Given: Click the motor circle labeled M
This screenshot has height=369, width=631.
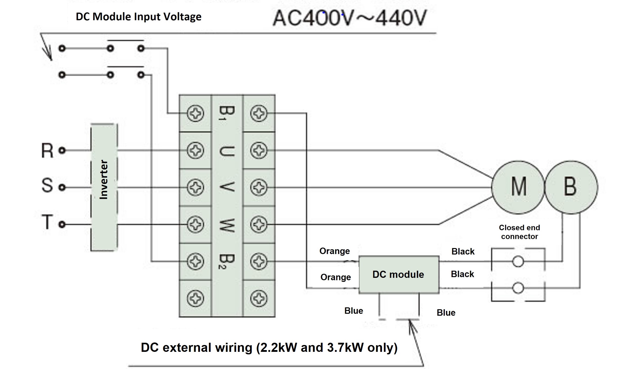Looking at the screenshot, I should (x=517, y=187).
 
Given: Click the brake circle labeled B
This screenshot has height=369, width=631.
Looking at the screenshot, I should (x=571, y=187).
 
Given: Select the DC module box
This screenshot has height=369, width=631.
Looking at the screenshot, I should (x=399, y=275).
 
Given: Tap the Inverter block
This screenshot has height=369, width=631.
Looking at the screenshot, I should (x=104, y=187).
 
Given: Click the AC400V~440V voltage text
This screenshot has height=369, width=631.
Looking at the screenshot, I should (x=350, y=18).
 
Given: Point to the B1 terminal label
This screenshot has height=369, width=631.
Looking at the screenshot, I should (x=227, y=113).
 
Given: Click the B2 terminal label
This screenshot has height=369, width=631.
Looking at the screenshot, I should (x=227, y=261).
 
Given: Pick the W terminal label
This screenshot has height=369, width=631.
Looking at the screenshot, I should (x=227, y=225).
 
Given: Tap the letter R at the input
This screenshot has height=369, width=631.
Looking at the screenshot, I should (x=47, y=151).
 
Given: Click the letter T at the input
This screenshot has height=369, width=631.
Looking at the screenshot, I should (x=47, y=222).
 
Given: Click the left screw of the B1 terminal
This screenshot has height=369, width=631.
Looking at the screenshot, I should (x=195, y=113).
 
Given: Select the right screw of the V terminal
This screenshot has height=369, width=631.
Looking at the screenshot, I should (x=258, y=187).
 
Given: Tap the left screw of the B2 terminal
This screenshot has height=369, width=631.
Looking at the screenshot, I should (x=195, y=261).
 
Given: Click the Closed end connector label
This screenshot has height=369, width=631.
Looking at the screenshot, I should (x=519, y=232).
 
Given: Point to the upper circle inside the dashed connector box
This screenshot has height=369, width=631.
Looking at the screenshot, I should (x=518, y=261).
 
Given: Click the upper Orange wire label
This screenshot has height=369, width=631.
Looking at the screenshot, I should (x=334, y=251).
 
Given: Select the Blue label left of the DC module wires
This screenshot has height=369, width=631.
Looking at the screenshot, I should (x=353, y=311).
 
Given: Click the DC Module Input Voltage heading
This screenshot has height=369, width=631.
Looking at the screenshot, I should (x=139, y=17).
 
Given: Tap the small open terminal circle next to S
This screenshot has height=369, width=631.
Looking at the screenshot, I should (x=62, y=187).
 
